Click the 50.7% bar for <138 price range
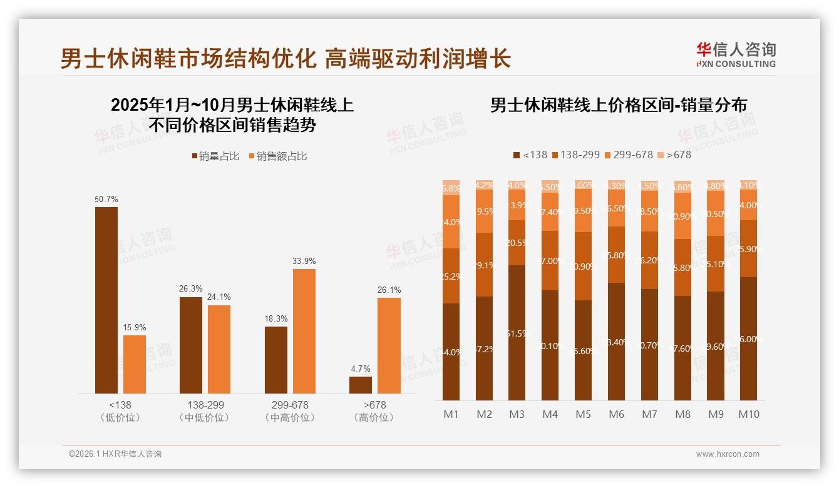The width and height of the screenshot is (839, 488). tap(106, 300)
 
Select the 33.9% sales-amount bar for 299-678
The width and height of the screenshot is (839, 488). tap(304, 331)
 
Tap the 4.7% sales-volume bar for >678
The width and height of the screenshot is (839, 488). tap(361, 385)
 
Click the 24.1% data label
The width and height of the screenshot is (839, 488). tap(219, 297)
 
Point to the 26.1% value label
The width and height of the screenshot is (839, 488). tap(389, 290)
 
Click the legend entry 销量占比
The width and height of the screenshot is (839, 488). tap(215, 156)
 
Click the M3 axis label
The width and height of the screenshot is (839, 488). tap(517, 414)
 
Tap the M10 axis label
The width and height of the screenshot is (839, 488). tap(749, 414)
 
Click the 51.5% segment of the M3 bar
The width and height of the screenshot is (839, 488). tap(517, 333)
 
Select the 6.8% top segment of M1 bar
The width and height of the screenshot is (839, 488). tap(451, 188)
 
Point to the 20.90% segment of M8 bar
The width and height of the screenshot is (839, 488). tap(682, 216)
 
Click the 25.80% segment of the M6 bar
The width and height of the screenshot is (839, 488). tap(616, 255)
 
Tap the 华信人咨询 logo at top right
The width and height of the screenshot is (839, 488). tap(736, 54)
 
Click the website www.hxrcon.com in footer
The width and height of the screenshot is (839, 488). tap(728, 454)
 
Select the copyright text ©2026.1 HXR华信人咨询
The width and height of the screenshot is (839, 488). tap(115, 454)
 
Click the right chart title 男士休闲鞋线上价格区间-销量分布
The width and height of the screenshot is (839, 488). tap(619, 105)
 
